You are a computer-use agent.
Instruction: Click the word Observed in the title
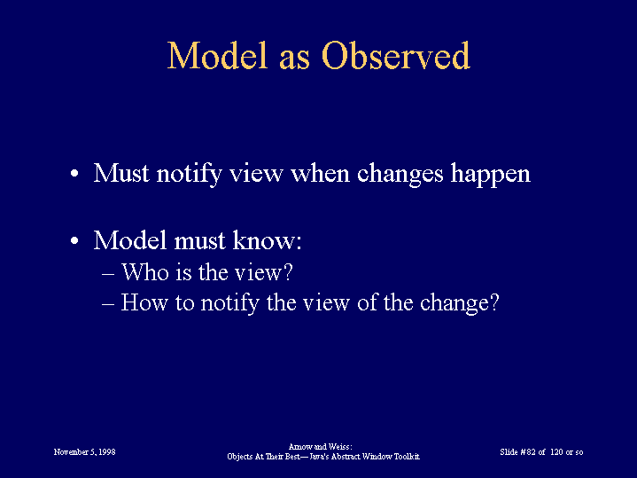coord(396,55)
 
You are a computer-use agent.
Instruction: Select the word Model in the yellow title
coord(218,55)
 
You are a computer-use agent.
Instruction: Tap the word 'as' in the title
coord(294,60)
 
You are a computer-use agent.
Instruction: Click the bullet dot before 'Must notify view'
coord(74,174)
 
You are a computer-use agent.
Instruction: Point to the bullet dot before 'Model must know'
coord(74,240)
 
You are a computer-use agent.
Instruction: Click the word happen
coord(491,175)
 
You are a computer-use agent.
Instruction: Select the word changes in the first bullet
coord(400,175)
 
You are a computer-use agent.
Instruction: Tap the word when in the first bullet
coord(320,173)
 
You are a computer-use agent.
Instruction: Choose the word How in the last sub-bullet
coord(144,302)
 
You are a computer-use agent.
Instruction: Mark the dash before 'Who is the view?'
coord(108,275)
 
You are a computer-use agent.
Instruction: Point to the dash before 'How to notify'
coord(108,305)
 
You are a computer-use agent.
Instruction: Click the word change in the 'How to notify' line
coord(455,304)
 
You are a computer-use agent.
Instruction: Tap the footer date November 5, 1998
coord(84,452)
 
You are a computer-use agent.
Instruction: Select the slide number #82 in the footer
coord(528,452)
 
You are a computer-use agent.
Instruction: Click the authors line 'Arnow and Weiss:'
coord(320,447)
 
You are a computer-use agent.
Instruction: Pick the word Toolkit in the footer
coord(407,457)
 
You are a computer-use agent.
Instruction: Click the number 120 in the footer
coord(556,452)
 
